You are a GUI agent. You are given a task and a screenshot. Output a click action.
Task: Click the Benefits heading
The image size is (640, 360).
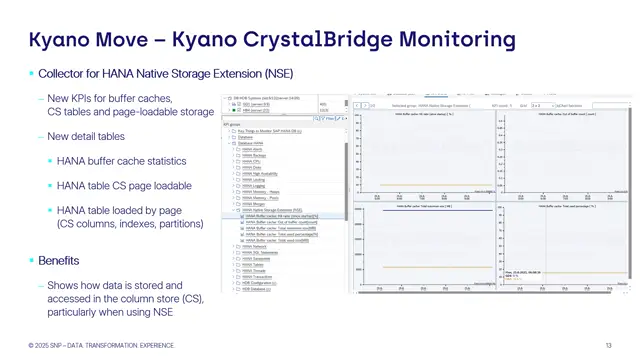coord(59,261)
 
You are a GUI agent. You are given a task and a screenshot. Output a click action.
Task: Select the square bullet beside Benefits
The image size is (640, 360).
coord(31,261)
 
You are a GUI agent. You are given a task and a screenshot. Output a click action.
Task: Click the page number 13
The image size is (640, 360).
coord(608,346)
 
